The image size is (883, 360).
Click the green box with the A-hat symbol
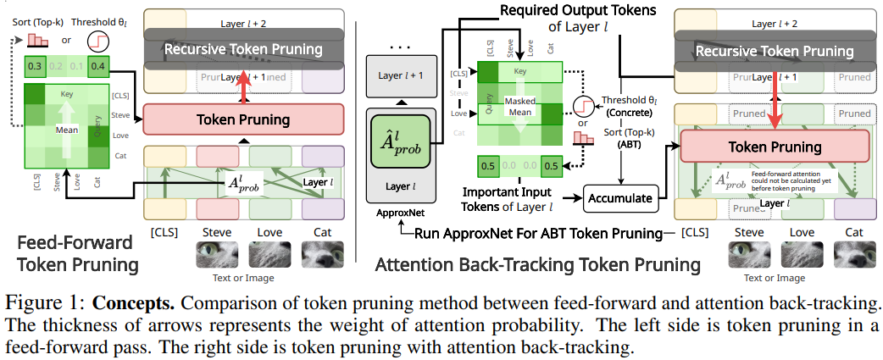[x=403, y=141]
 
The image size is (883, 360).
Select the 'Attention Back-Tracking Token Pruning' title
[x=538, y=265]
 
